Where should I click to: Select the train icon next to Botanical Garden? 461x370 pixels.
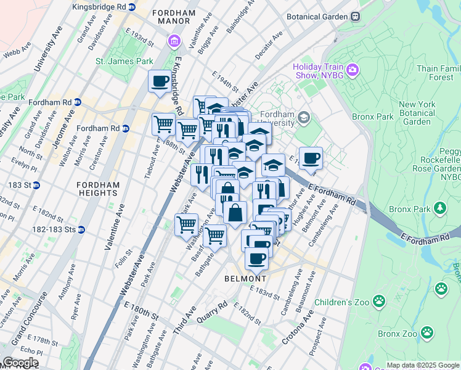355,17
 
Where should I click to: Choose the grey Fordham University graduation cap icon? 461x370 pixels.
303,117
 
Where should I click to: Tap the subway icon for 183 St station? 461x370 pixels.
36,185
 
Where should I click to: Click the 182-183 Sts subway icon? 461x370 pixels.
81,229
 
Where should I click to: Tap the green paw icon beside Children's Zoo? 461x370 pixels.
379,302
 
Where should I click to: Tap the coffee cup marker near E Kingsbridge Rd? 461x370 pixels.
160,81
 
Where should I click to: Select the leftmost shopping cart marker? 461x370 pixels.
163,124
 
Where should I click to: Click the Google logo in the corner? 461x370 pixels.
20,363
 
